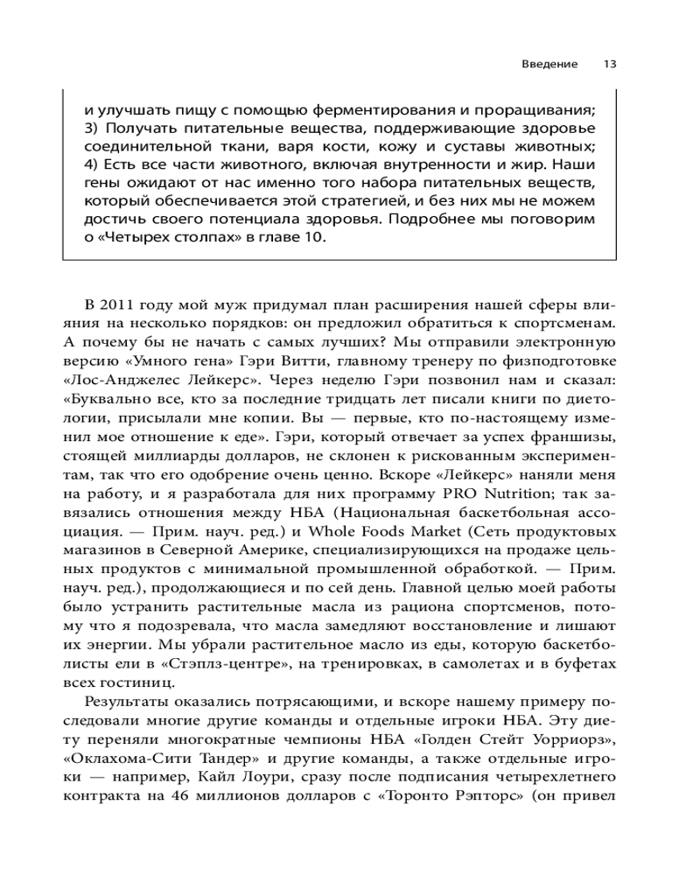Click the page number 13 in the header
[610, 64]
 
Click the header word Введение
[549, 64]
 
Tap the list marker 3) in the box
[92, 129]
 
